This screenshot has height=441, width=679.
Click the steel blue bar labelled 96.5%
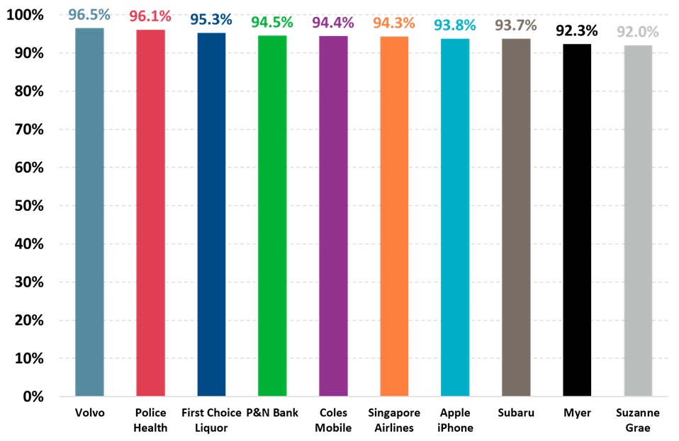89,212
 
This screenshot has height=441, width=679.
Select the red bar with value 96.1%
150,212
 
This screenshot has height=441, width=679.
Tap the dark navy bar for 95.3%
211,212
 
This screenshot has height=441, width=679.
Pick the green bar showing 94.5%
272,212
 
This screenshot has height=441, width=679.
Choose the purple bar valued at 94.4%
333,212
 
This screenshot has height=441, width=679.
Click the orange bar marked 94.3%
394,212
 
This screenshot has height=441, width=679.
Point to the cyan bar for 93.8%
455,212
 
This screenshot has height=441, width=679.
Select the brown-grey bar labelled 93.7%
516,212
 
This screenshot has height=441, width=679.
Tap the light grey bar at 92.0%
638,219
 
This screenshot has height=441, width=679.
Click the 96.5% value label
89,14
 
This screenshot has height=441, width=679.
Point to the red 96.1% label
150,16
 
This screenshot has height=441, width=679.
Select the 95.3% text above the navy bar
211,19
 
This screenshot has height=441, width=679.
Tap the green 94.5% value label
272,22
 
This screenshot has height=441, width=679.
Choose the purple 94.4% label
333,23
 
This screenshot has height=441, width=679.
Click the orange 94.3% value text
394,23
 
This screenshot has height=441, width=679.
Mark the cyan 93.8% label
455,25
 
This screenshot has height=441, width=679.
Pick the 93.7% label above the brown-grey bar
516,25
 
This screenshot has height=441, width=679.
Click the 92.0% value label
638,32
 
